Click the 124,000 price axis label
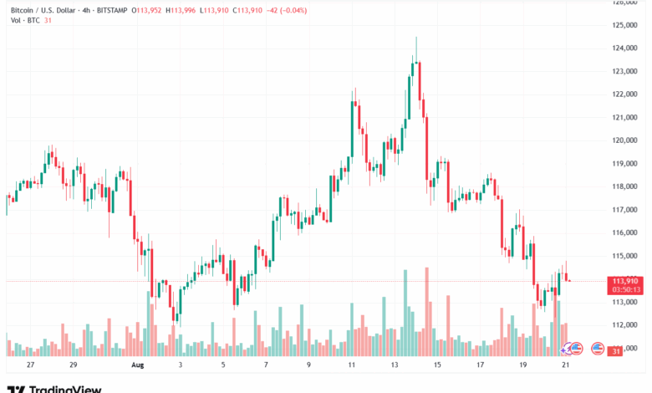click(626, 48)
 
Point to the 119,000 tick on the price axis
click(626, 163)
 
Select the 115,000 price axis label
click(626, 255)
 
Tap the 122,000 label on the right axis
click(626, 94)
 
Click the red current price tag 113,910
click(625, 281)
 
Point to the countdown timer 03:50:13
click(625, 289)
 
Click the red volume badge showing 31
click(616, 351)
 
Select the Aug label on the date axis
click(138, 365)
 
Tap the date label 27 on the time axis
click(31, 365)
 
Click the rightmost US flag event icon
click(597, 347)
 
